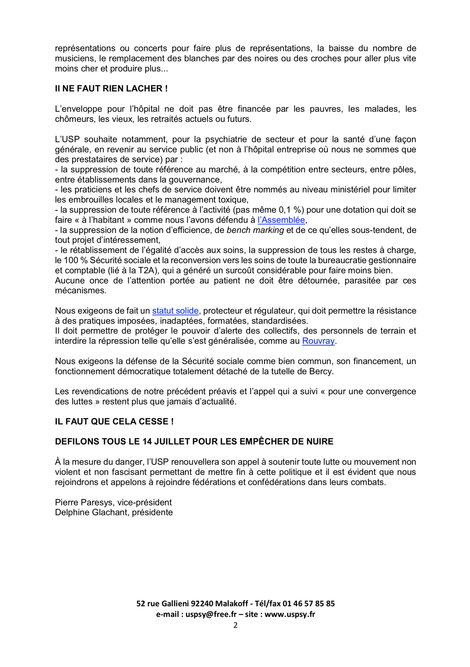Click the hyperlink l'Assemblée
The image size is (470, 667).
(281, 220)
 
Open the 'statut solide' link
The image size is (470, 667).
(175, 311)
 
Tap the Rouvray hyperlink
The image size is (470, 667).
(318, 341)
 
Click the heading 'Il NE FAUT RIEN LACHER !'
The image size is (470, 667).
(111, 89)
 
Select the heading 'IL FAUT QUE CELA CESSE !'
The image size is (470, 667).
(114, 421)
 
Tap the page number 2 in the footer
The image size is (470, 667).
(235, 625)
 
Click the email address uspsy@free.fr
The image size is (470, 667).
(211, 614)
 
